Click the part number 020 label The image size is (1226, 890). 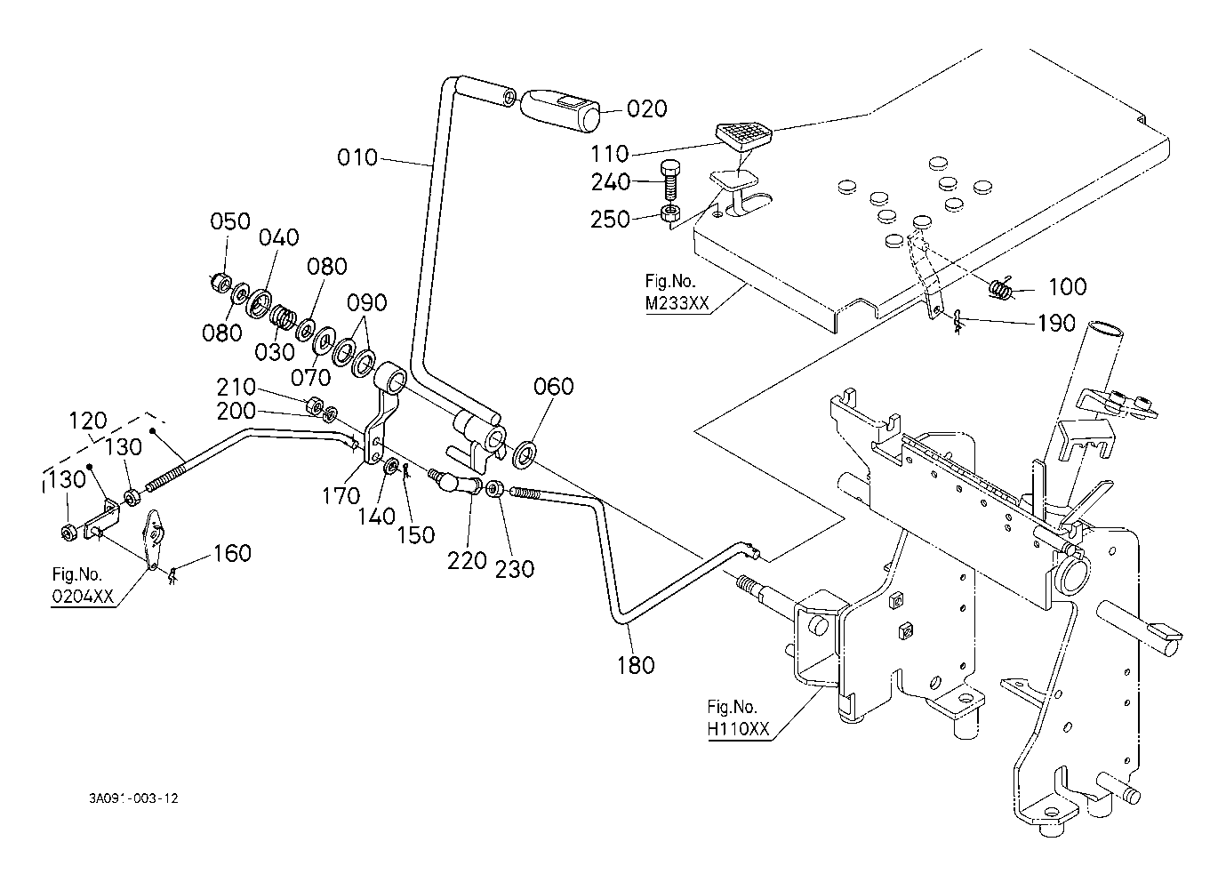(646, 109)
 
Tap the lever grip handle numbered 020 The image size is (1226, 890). (559, 112)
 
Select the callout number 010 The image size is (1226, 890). (357, 157)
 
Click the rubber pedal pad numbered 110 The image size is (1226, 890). (743, 138)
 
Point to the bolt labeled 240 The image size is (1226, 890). (669, 181)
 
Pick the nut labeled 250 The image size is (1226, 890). (669, 212)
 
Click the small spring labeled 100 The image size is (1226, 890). (1001, 288)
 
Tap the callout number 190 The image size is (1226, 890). (1056, 323)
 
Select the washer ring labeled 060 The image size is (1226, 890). (525, 453)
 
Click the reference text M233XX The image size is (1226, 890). (677, 302)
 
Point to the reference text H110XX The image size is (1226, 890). (738, 728)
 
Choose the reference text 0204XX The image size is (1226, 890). (83, 596)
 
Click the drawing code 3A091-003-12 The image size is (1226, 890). (133, 798)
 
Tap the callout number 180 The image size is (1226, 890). (636, 666)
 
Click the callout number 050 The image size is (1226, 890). (230, 221)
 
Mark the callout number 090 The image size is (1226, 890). (366, 302)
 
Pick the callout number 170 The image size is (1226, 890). (341, 496)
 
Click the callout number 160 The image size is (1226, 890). (232, 553)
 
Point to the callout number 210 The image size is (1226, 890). (236, 387)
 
